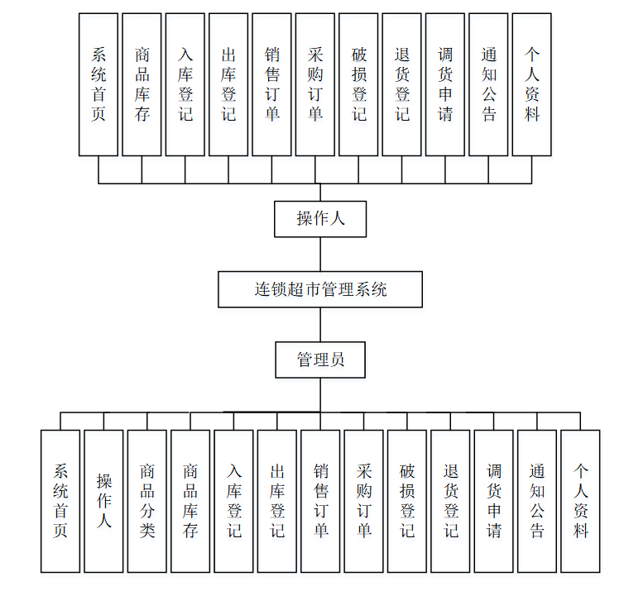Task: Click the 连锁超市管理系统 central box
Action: click(x=320, y=289)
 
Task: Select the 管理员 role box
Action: click(x=320, y=360)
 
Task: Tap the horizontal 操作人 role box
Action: click(x=320, y=218)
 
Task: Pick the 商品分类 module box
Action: click(x=147, y=501)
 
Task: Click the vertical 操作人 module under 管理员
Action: click(x=103, y=501)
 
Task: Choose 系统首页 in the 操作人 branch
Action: click(x=98, y=84)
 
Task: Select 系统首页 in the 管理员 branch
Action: click(x=60, y=501)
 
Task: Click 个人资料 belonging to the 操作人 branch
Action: click(x=531, y=84)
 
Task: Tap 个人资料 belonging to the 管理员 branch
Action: click(x=580, y=501)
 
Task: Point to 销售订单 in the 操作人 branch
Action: click(x=271, y=84)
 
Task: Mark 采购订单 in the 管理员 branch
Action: click(x=363, y=501)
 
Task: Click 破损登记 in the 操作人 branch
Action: click(x=358, y=84)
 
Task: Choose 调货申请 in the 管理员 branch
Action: click(x=493, y=501)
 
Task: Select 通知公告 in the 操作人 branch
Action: click(x=488, y=84)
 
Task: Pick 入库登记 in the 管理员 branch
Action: click(x=233, y=501)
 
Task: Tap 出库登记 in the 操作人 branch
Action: click(x=228, y=84)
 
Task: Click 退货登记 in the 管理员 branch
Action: click(x=450, y=501)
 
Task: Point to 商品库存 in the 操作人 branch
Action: click(x=142, y=84)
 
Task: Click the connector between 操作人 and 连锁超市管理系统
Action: click(x=320, y=254)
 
